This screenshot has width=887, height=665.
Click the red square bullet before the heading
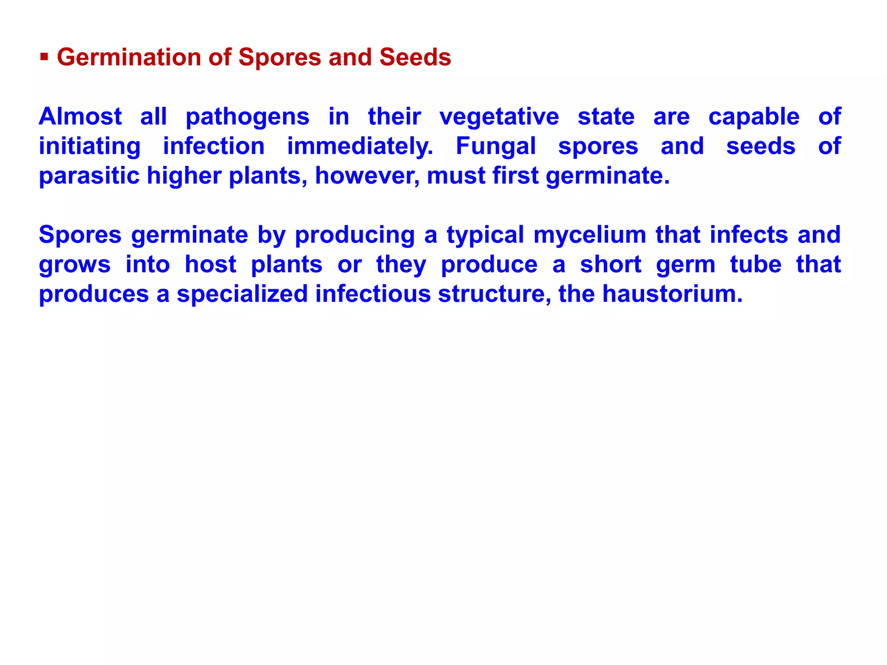coord(44,57)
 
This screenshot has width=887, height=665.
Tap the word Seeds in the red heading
coord(415,57)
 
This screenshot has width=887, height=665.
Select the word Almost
coord(80,116)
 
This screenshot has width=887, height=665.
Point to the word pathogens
coord(247,117)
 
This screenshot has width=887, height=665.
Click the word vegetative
coord(499,117)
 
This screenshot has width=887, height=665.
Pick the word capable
coord(754,117)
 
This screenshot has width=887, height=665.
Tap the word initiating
coord(90,147)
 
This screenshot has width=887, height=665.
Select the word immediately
coord(360,147)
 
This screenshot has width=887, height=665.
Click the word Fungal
coord(495,147)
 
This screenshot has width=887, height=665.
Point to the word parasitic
coord(89,176)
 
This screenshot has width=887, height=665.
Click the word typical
coord(485,236)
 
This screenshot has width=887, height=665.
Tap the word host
coord(210,265)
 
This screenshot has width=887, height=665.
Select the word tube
coord(755,265)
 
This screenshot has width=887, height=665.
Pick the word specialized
coord(242,294)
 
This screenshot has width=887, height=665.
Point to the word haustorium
coord(672,294)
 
